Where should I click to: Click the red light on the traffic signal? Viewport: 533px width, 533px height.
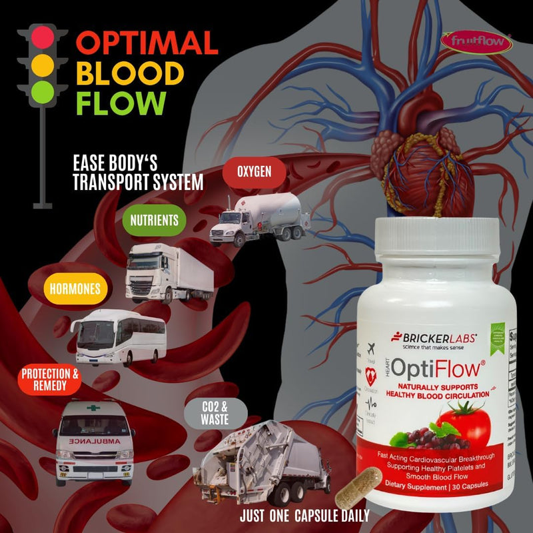tap(41, 37)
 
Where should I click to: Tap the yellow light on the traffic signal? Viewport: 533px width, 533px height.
tap(41, 65)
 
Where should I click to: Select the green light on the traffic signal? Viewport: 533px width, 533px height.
tap(41, 92)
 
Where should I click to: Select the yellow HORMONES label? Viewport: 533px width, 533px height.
tap(75, 289)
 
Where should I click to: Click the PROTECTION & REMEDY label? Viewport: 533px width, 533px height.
tap(50, 380)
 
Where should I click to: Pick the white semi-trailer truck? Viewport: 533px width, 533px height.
tap(169, 273)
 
